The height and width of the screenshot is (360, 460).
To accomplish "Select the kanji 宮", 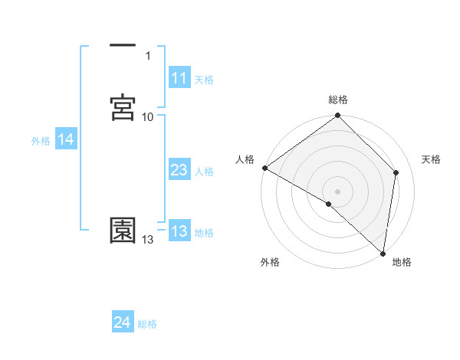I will click(123, 109).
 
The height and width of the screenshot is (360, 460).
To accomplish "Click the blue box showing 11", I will click(179, 78).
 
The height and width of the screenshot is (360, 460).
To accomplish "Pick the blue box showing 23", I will click(179, 171).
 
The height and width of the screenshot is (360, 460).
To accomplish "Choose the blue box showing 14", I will click(66, 139).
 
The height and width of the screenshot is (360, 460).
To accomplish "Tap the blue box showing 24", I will click(123, 323).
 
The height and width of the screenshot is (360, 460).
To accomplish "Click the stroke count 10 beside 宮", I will click(148, 117).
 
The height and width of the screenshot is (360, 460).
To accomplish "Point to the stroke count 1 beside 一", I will click(148, 56).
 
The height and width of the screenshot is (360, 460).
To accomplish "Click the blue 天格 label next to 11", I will click(204, 80).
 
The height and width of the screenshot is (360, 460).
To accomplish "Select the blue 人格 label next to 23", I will click(204, 172).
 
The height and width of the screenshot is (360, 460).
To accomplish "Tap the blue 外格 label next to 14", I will click(41, 141).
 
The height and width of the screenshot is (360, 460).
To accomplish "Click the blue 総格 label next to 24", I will click(147, 324).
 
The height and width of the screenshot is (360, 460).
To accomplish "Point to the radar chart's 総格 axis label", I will click(338, 100).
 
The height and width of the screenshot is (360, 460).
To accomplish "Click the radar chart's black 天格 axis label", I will click(431, 159).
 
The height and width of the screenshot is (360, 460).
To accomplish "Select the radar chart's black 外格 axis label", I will click(270, 263).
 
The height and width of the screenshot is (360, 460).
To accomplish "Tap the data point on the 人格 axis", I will click(264, 168).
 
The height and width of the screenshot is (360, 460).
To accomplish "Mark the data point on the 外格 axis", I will click(329, 204).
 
